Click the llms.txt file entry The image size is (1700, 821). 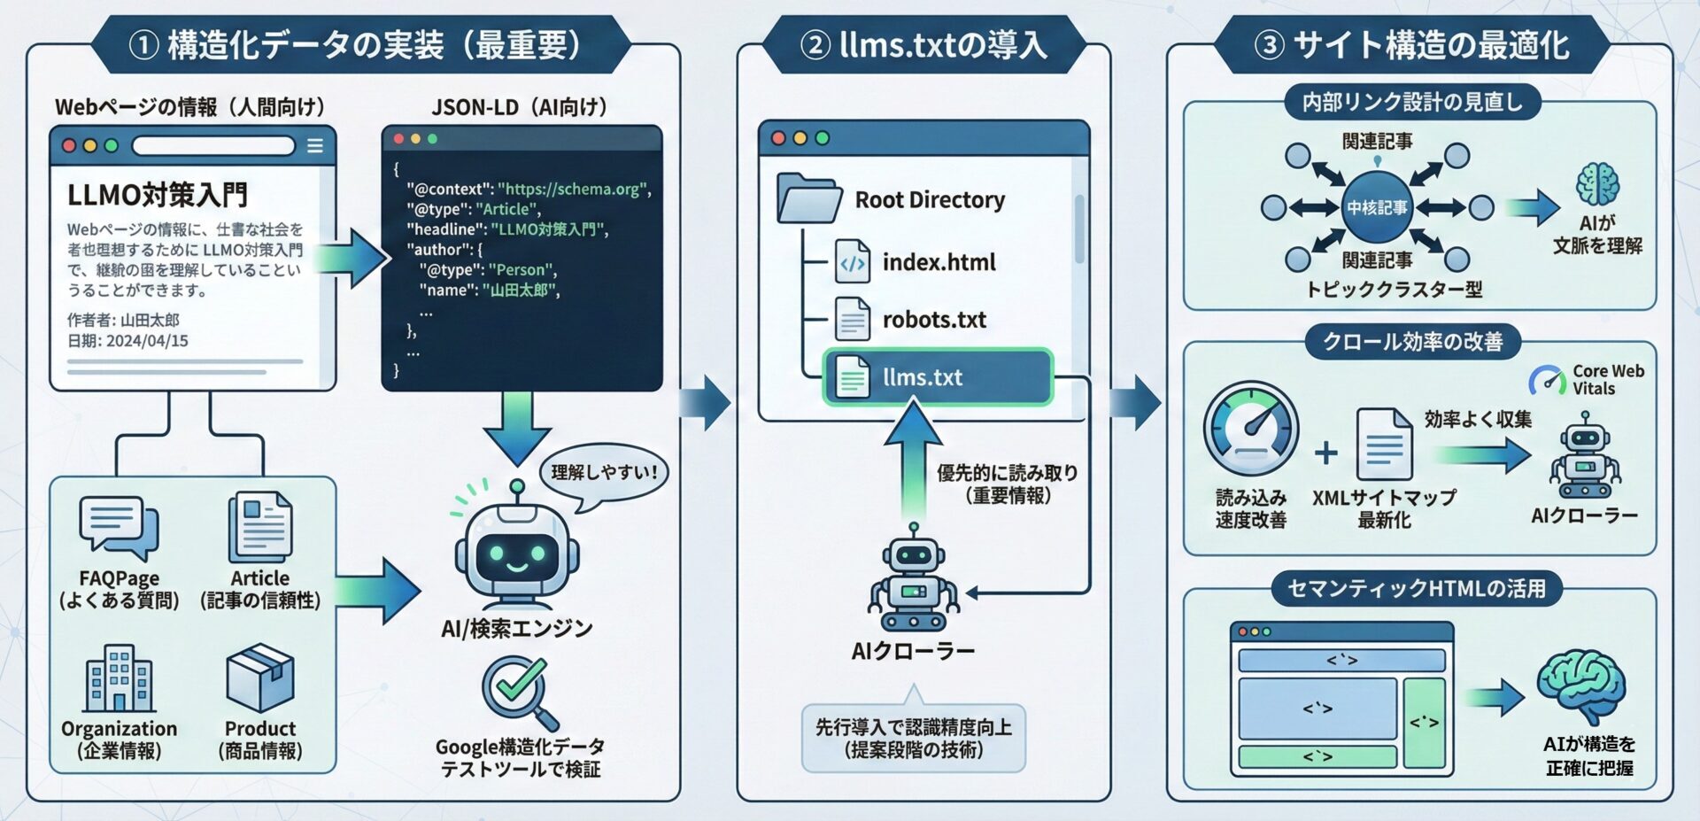(x=937, y=377)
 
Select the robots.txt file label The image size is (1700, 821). (x=934, y=320)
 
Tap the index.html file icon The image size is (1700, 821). (x=852, y=262)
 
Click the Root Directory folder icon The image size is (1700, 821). (x=807, y=198)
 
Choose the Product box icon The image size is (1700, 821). (x=260, y=678)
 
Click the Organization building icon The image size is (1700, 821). (x=119, y=678)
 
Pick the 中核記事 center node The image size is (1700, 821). (x=1377, y=208)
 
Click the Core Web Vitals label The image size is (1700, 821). (x=1607, y=380)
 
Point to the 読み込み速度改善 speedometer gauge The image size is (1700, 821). (x=1250, y=429)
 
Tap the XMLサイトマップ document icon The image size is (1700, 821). (x=1384, y=444)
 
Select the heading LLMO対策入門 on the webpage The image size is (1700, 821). (x=158, y=195)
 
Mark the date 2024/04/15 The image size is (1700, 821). (x=147, y=341)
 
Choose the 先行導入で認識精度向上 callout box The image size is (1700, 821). (x=913, y=739)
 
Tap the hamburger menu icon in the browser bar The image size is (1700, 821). (x=314, y=146)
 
